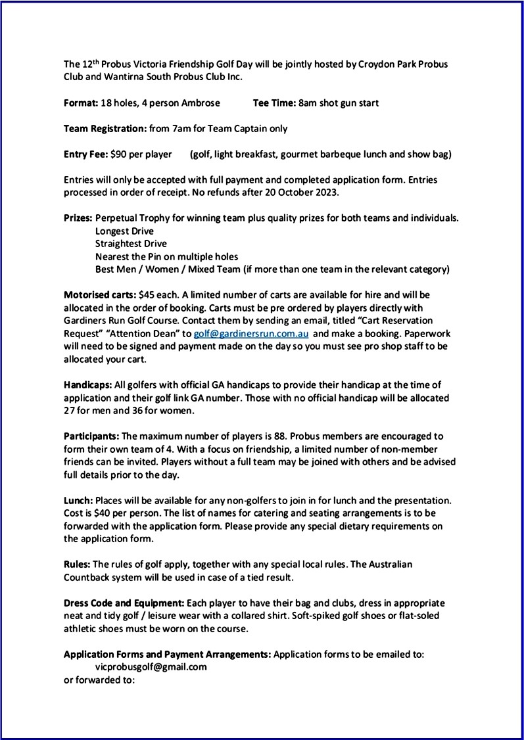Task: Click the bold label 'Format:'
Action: pyautogui.click(x=81, y=103)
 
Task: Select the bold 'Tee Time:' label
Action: pyautogui.click(x=274, y=103)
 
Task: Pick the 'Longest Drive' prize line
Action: pyautogui.click(x=124, y=231)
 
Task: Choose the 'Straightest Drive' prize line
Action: pyautogui.click(x=131, y=244)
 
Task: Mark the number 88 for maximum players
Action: pyautogui.click(x=295, y=436)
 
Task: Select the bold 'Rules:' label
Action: pyautogui.click(x=77, y=565)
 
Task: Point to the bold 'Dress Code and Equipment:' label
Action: pyautogui.click(x=124, y=603)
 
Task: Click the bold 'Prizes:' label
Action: pyautogui.click(x=78, y=218)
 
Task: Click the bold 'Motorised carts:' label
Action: pyautogui.click(x=100, y=295)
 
